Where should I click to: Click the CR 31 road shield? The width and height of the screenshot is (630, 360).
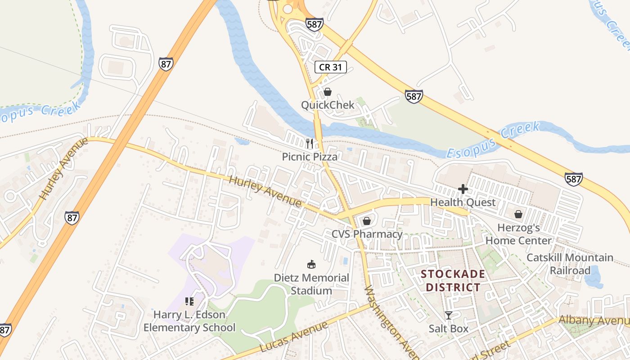click(331, 67)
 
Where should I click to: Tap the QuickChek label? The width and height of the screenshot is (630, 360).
click(328, 105)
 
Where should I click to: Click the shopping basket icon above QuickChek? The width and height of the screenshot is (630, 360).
click(328, 92)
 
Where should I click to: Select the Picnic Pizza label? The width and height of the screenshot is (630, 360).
click(310, 157)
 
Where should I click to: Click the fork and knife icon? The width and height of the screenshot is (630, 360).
click(310, 144)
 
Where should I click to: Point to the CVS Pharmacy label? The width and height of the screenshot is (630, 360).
click(367, 234)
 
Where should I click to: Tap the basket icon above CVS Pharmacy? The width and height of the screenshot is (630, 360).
click(367, 221)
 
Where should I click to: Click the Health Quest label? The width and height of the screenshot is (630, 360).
click(463, 202)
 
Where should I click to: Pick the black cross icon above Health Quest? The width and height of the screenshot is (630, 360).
click(463, 189)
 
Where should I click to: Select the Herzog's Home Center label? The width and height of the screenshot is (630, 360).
click(518, 234)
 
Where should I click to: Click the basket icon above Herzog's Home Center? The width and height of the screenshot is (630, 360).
click(518, 214)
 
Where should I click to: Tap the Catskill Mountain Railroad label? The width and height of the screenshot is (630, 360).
click(570, 264)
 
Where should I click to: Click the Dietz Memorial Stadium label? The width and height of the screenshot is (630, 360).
click(311, 284)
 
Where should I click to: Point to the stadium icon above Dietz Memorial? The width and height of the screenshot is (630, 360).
click(311, 264)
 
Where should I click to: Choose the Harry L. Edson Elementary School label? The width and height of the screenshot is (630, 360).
click(189, 321)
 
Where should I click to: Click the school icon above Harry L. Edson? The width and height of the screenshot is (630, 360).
click(189, 301)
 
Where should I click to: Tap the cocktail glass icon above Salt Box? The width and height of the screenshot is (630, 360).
click(448, 315)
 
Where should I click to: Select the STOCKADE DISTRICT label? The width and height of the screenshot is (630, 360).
click(453, 280)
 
